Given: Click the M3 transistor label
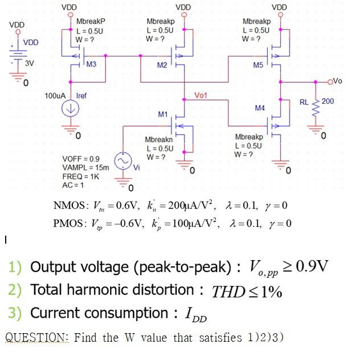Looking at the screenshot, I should (91, 64).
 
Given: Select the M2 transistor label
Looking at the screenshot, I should (162, 65).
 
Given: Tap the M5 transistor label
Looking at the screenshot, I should (258, 65).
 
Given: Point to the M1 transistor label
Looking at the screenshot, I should (163, 114).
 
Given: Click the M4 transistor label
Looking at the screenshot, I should (260, 107).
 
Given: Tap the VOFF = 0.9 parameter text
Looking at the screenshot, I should (80, 158).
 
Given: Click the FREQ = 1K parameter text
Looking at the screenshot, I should (81, 176).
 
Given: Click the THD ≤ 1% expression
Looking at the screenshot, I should (247, 292).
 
